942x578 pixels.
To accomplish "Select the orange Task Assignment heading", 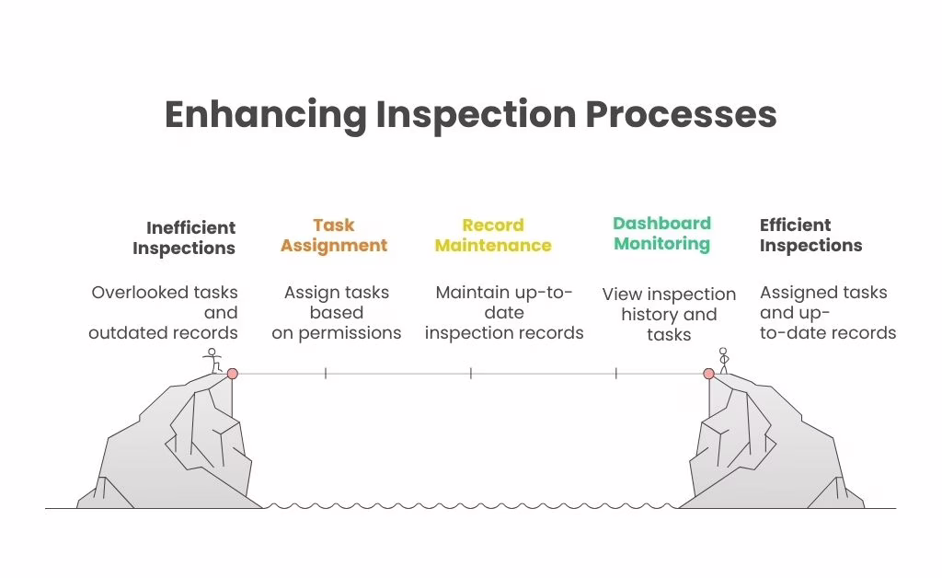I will (334, 236).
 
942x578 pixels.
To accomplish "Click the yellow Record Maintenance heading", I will (493, 236).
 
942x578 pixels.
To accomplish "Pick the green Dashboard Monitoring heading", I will (662, 234).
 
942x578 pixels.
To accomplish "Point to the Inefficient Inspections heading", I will (184, 237).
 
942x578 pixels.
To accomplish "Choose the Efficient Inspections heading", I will (810, 236).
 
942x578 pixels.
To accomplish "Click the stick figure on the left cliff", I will (213, 360).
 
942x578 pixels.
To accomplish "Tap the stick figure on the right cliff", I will (723, 360).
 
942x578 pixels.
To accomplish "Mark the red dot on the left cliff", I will (232, 374).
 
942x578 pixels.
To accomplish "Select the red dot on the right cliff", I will (708, 374).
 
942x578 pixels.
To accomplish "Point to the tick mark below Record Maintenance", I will (470, 374).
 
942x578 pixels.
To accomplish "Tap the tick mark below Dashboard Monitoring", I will (615, 374).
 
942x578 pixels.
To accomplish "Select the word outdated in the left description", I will (124, 333).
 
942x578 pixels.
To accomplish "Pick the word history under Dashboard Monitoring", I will (649, 315).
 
